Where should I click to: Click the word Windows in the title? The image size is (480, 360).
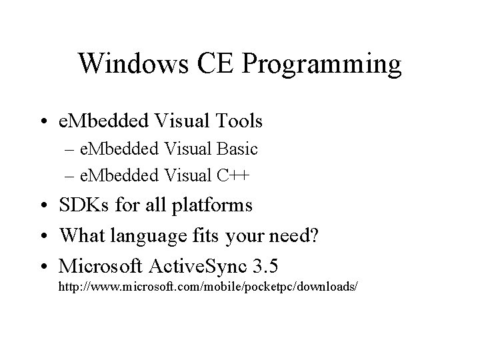point(124,64)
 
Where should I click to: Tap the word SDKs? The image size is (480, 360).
point(85,204)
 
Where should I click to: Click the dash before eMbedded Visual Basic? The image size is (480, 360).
point(70,149)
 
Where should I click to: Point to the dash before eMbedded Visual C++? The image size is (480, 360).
point(70,176)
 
